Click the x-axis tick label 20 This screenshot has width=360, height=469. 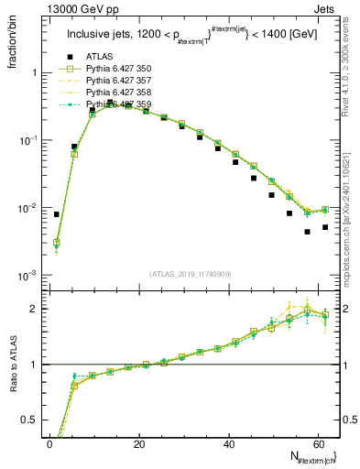click(x=139, y=444)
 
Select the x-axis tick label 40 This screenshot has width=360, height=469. click(x=229, y=444)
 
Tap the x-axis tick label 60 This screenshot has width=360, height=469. click(x=318, y=444)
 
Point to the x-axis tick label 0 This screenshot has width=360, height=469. click(x=49, y=444)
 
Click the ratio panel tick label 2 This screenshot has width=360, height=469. click(x=32, y=309)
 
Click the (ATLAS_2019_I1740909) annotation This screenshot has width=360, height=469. click(x=191, y=273)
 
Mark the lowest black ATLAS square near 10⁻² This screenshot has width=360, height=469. click(x=308, y=232)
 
